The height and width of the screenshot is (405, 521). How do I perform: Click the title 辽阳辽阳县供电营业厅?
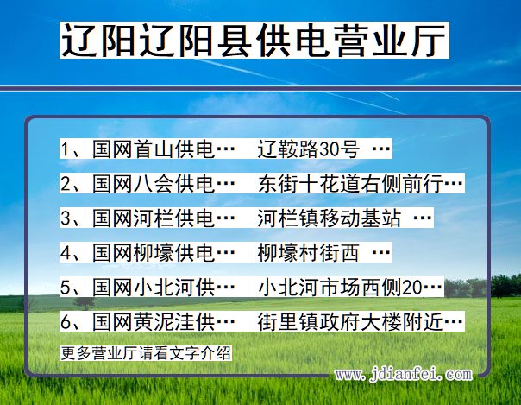point(254,41)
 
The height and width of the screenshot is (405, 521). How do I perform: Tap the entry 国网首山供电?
point(164,149)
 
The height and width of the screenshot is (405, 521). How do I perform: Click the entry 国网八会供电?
point(164,184)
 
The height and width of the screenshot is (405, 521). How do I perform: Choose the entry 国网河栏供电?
point(164,218)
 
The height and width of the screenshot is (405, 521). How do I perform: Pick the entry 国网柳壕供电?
point(164,253)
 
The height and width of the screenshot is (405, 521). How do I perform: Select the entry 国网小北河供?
point(164,288)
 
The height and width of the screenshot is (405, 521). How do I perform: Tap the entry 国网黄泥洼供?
point(164,322)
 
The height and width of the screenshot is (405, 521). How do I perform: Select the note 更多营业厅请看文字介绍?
point(146,352)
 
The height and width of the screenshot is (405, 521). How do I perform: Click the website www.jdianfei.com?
point(403,375)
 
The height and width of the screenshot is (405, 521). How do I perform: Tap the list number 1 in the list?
point(66,149)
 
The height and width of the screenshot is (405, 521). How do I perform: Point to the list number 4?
point(66,253)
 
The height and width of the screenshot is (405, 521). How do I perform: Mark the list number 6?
point(66,322)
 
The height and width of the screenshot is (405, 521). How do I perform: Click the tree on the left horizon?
point(84,302)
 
